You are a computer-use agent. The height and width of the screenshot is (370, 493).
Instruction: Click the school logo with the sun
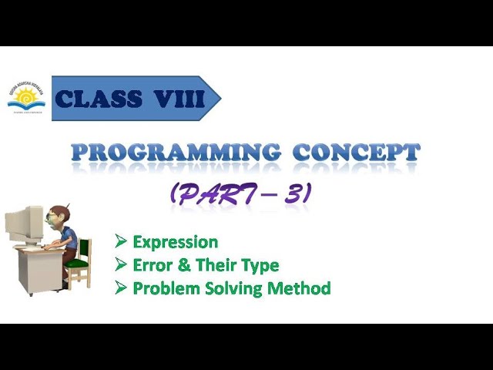[x=26, y=99]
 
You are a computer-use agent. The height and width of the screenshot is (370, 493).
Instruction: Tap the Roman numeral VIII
[x=178, y=99]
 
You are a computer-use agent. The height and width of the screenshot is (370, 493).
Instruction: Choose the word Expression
[x=175, y=242]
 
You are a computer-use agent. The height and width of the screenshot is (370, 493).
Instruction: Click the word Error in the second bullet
[x=151, y=265]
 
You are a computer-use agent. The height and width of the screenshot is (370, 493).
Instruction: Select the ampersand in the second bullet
[x=182, y=265]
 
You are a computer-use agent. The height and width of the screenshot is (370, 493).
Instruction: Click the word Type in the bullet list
[x=260, y=266]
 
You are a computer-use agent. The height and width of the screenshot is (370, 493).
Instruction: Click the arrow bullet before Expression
[x=120, y=242]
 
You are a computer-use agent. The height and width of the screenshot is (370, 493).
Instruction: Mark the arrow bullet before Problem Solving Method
[x=120, y=288]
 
